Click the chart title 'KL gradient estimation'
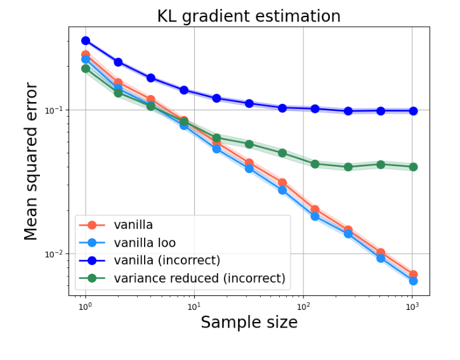coord(249,16)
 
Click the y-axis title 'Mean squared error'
coord(31,161)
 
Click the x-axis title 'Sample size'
coord(249,323)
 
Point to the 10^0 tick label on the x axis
coord(85,306)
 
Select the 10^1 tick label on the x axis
coord(194,306)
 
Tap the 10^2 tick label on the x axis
coord(303,306)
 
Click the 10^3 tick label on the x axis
coord(412,306)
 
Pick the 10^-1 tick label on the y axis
coord(56,110)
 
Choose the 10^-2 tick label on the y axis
coord(56,254)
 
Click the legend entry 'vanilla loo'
coord(145,242)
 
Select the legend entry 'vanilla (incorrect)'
coord(167,260)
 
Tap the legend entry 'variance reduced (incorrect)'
coord(199,278)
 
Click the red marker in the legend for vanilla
coord(92,224)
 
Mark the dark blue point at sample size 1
coord(86,41)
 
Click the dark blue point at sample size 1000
coord(413,111)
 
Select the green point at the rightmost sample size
coord(413,167)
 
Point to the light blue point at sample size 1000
coord(413,281)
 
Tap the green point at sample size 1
coord(86,68)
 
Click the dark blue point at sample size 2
coord(118,62)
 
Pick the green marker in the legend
coord(92,278)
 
